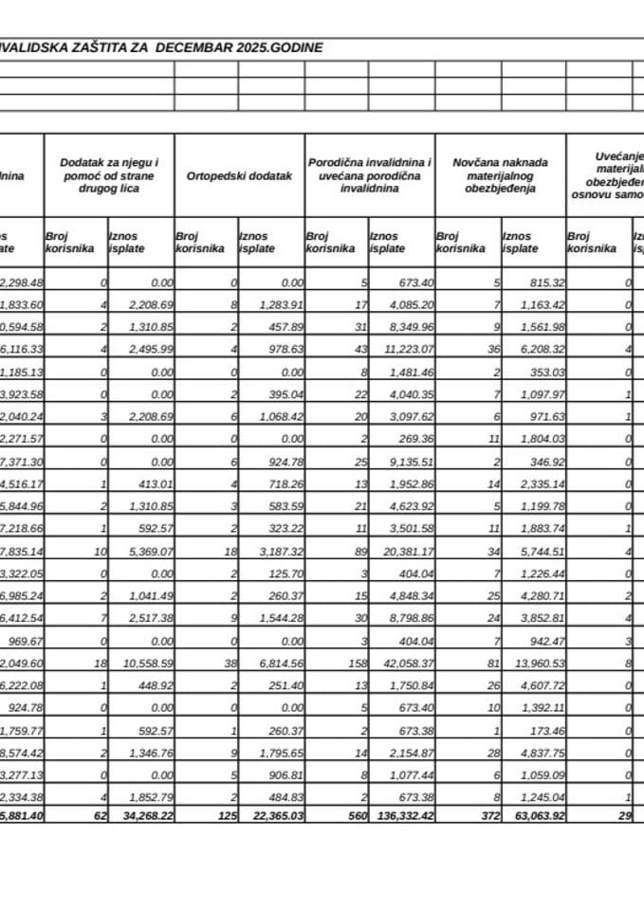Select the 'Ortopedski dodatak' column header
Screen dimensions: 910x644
pos(239,176)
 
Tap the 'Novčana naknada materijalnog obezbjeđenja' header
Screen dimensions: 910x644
pos(501,176)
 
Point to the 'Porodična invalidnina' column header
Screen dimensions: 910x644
pos(370,176)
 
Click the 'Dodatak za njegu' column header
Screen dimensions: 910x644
pos(109,176)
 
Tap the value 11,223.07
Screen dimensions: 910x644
pos(404,348)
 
